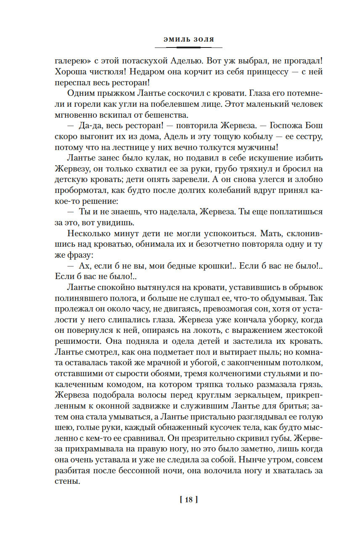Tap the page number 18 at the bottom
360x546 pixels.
tap(188, 500)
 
